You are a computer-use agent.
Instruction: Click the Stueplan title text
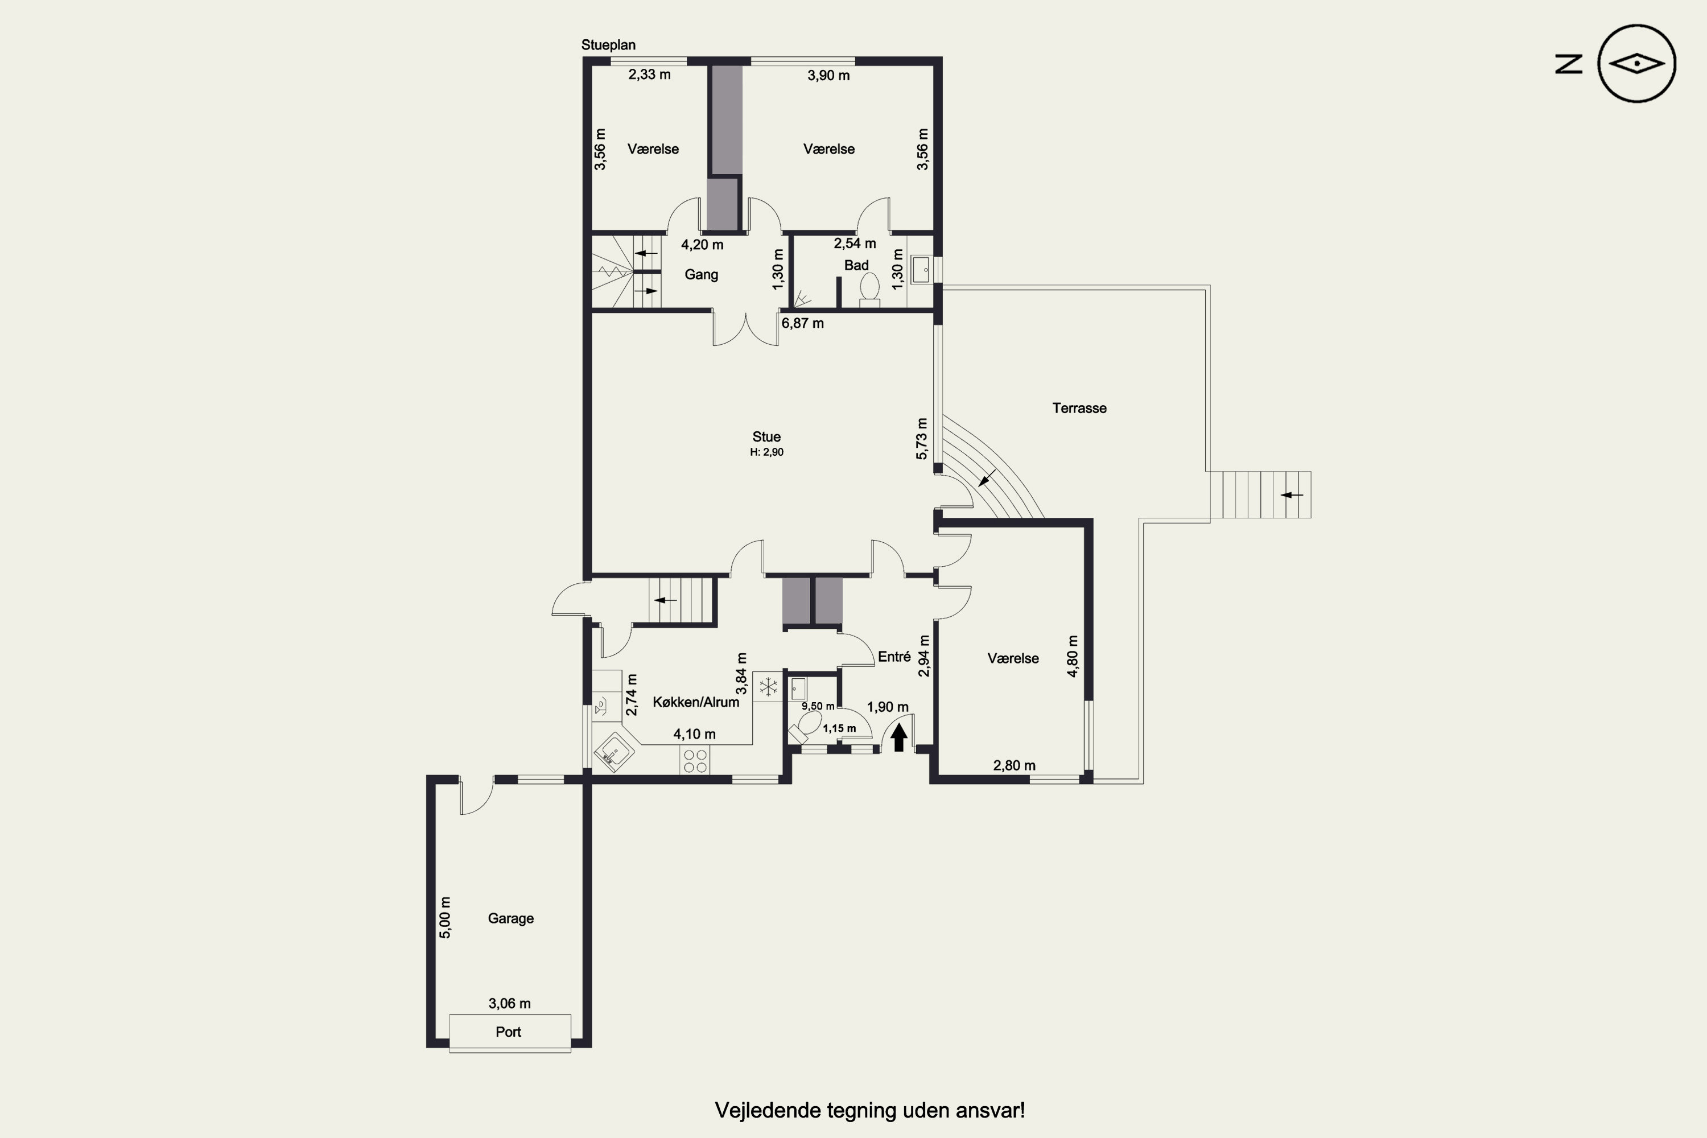tap(608, 45)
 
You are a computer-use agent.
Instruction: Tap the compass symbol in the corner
tap(1636, 64)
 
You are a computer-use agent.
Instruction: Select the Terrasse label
tap(1079, 408)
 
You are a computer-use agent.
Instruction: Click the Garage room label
tap(510, 918)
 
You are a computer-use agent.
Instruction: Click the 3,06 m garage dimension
tap(509, 1004)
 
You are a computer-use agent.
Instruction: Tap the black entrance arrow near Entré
tap(898, 738)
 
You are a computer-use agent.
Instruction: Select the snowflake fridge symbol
tap(768, 686)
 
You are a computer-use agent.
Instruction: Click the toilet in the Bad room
tap(869, 287)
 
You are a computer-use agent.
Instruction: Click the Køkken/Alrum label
tap(695, 702)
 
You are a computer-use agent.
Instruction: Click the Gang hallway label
tap(701, 274)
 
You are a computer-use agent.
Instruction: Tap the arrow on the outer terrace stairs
tap(1291, 495)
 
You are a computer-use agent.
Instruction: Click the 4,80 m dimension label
tap(1072, 656)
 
